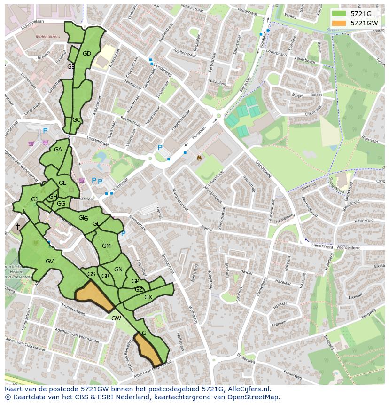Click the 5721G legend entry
coord(361,13)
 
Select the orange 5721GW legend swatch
coord(338,23)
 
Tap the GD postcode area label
coord(87,54)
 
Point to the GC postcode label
coord(77,120)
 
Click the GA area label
coord(58,150)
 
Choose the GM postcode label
coord(106,246)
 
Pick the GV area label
coord(49,262)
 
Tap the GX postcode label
coord(148,297)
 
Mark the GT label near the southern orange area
coord(145,333)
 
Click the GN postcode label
coord(118,270)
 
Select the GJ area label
coord(34,199)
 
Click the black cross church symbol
coord(17,227)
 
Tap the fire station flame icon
coord(199,158)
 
